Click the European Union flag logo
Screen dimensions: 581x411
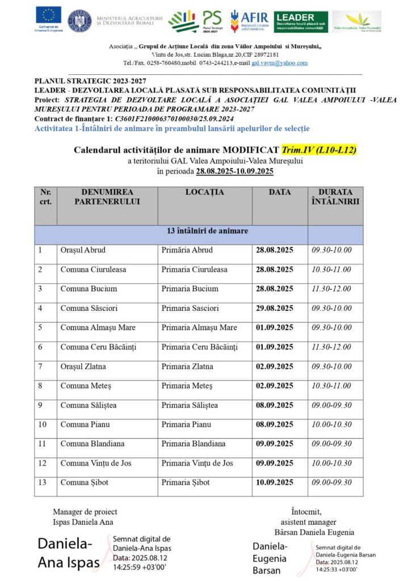click(x=48, y=16)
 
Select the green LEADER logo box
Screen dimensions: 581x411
click(x=301, y=22)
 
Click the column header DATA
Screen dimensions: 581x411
click(x=280, y=192)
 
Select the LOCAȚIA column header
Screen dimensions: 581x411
click(x=204, y=192)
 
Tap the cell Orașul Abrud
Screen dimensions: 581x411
click(x=83, y=250)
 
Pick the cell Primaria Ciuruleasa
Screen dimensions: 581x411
click(x=194, y=270)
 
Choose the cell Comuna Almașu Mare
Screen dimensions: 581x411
click(x=98, y=327)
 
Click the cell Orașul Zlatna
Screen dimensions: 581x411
click(x=83, y=367)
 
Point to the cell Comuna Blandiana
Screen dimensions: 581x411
click(x=93, y=444)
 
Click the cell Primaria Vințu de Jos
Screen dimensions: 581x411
click(x=197, y=463)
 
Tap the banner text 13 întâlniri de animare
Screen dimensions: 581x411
click(x=207, y=231)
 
